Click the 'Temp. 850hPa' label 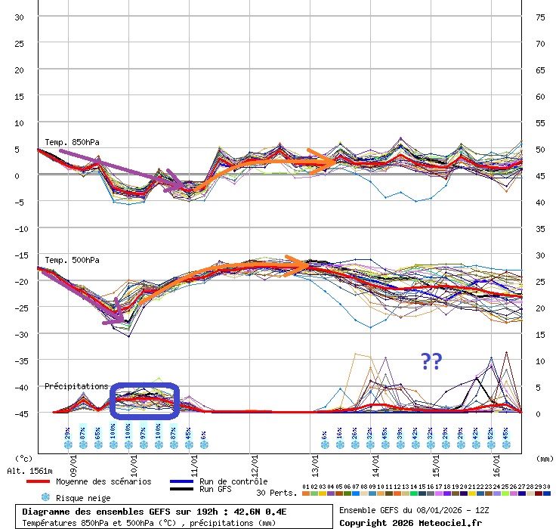tap(72, 142)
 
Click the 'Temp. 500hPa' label tap(72, 260)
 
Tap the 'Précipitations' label tap(76, 386)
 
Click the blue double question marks tap(431, 362)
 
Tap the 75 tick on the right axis tap(540, 17)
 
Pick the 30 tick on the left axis tap(20, 17)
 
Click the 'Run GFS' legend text tap(215, 490)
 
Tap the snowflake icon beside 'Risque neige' tap(45, 498)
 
